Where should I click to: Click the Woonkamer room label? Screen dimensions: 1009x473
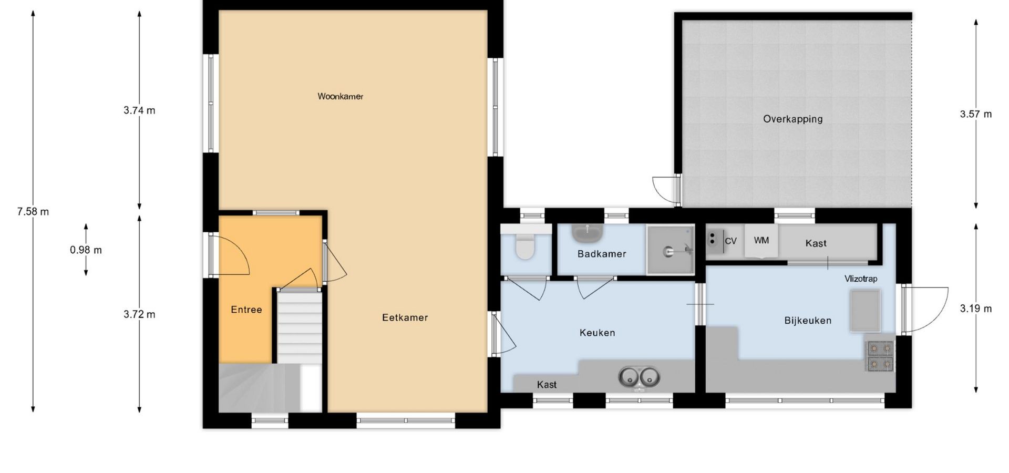pos(340,96)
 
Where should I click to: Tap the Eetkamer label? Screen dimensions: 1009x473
pos(405,317)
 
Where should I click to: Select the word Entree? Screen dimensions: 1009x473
pos(246,310)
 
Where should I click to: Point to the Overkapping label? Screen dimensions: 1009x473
pos(792,119)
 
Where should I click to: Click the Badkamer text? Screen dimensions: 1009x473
pos(602,254)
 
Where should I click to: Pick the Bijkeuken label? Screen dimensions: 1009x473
pos(808,320)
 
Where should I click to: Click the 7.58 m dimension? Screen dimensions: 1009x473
pos(33,211)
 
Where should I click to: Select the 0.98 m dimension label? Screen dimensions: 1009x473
pos(86,250)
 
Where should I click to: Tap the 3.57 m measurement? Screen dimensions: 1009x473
pos(976,114)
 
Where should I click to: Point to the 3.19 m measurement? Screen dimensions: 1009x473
pos(976,309)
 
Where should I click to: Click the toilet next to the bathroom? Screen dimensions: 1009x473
pos(525,246)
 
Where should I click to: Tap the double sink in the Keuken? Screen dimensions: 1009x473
pos(639,377)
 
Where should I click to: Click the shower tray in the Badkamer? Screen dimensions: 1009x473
pos(671,250)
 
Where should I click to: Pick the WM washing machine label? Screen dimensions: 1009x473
pos(761,240)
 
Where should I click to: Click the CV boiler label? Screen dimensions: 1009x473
pos(730,241)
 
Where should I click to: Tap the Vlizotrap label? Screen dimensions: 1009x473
pos(861,279)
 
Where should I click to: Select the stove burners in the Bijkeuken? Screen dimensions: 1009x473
pos(880,356)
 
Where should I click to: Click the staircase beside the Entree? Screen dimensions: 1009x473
pos(299,327)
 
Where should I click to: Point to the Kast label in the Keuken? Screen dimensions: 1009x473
pos(547,385)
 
